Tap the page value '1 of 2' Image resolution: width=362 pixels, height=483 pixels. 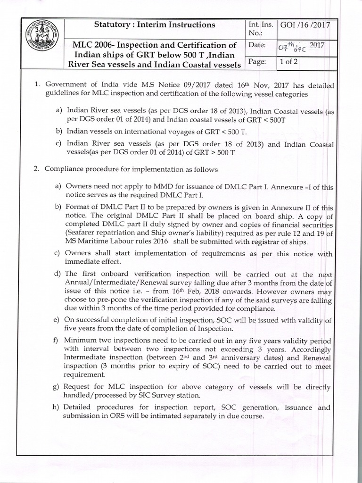pyautogui.click(x=288, y=62)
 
